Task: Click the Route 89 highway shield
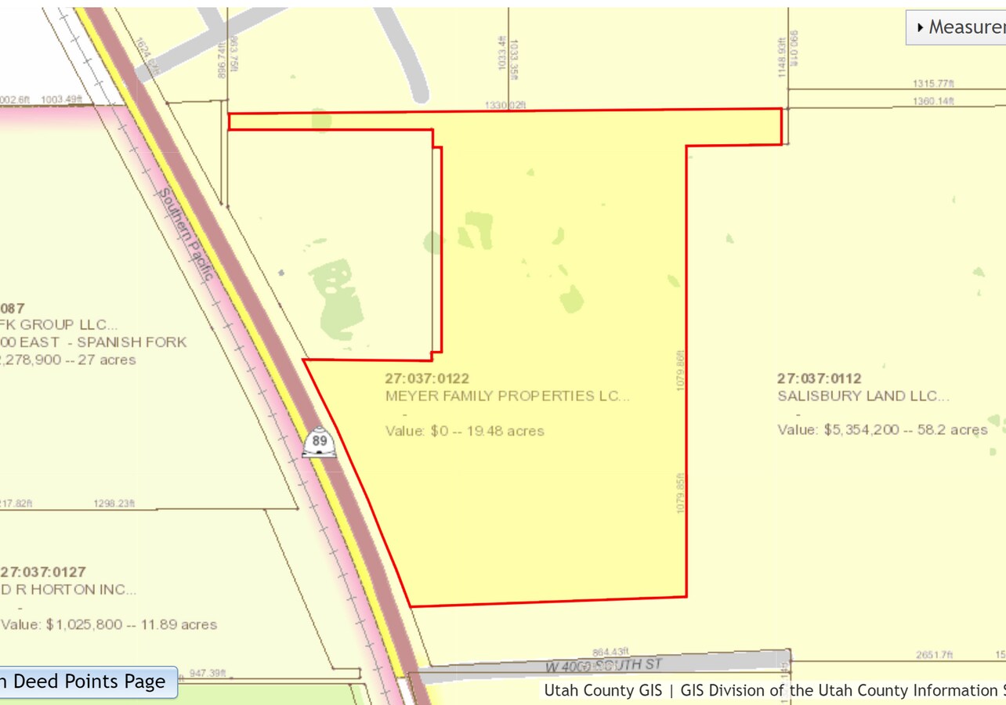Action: (x=320, y=442)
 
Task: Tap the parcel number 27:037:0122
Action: (x=427, y=378)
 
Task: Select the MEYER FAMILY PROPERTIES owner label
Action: (x=507, y=396)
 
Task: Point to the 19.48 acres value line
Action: (x=465, y=431)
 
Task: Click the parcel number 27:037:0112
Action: (x=820, y=378)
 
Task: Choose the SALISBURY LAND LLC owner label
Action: (x=863, y=396)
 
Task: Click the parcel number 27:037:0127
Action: (x=44, y=572)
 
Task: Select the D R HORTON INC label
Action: (x=71, y=590)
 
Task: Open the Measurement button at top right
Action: (x=957, y=27)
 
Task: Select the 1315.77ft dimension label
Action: (x=933, y=83)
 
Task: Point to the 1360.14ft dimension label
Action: (x=933, y=101)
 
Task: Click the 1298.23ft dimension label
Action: (x=114, y=504)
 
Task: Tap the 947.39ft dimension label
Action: (x=207, y=673)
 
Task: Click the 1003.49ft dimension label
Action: (x=61, y=99)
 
